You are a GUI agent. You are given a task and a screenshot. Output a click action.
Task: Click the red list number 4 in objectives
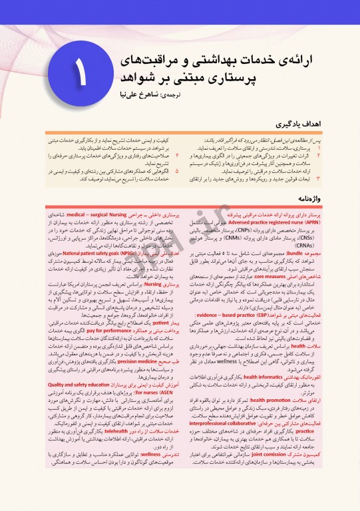coord(177,154)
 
